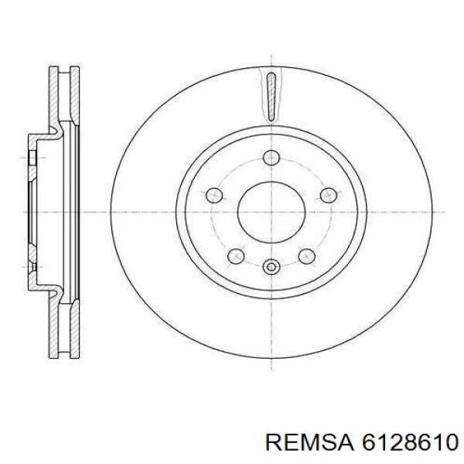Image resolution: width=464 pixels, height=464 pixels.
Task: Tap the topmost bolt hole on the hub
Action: pos(270,158)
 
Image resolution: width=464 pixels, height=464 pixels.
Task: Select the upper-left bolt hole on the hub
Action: pos(214,195)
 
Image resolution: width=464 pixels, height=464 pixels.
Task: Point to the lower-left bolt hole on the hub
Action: pos(235,254)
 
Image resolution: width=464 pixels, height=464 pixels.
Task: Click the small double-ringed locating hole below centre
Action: pos(270,268)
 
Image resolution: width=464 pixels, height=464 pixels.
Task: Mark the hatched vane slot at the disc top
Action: pos(270,95)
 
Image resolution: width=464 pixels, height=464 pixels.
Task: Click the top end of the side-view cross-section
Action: pos(62,69)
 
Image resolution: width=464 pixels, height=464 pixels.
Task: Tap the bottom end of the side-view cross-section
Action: pos(62,353)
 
